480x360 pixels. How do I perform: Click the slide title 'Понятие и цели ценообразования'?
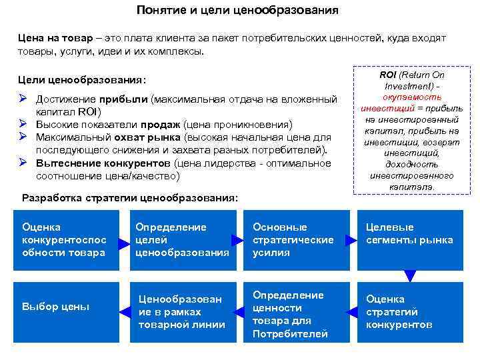click(237, 11)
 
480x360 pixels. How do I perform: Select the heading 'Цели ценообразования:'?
click(82, 81)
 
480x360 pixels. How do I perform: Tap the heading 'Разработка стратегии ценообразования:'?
click(129, 198)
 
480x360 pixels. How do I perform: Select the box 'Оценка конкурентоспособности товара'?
click(64, 240)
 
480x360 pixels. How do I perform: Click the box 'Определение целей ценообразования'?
click(182, 240)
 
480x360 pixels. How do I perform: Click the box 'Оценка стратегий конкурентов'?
click(409, 311)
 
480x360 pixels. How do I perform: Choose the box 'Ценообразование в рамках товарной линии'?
click(182, 311)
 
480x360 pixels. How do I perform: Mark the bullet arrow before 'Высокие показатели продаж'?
click(22, 123)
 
